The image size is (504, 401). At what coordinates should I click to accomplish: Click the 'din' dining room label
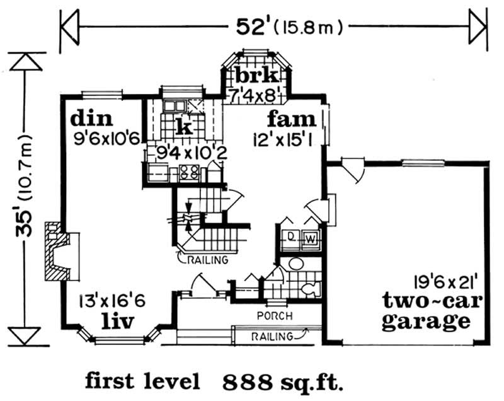[x=91, y=119]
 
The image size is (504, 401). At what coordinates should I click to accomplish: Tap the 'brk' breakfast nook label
[x=256, y=75]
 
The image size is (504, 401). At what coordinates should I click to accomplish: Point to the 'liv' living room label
[x=117, y=322]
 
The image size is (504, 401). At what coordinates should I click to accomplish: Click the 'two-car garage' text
[x=432, y=311]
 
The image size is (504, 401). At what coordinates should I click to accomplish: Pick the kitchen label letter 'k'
[x=185, y=126]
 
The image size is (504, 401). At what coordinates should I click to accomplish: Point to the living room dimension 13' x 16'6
[x=113, y=301]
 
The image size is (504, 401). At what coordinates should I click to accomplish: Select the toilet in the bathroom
[x=311, y=288]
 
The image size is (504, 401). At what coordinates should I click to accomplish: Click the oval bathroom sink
[x=296, y=264]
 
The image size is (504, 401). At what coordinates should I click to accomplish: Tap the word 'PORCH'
[x=275, y=316]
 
